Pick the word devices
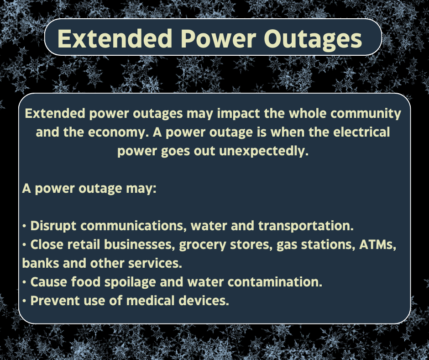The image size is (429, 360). (205, 301)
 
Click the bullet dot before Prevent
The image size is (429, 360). (24, 302)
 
